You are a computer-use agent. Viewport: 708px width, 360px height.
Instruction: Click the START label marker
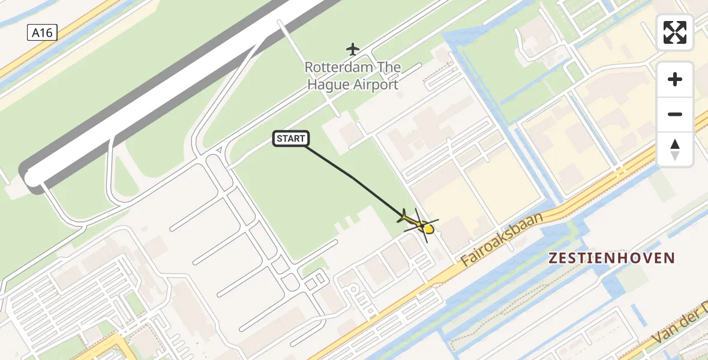(292, 139)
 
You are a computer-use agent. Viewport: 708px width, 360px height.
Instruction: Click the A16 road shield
(42, 33)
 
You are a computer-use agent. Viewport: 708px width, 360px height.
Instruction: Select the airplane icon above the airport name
(353, 49)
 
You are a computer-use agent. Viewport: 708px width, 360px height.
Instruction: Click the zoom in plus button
(675, 79)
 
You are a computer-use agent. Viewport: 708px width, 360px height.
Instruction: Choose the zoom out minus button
(675, 114)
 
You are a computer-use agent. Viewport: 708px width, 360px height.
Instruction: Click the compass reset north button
(675, 149)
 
